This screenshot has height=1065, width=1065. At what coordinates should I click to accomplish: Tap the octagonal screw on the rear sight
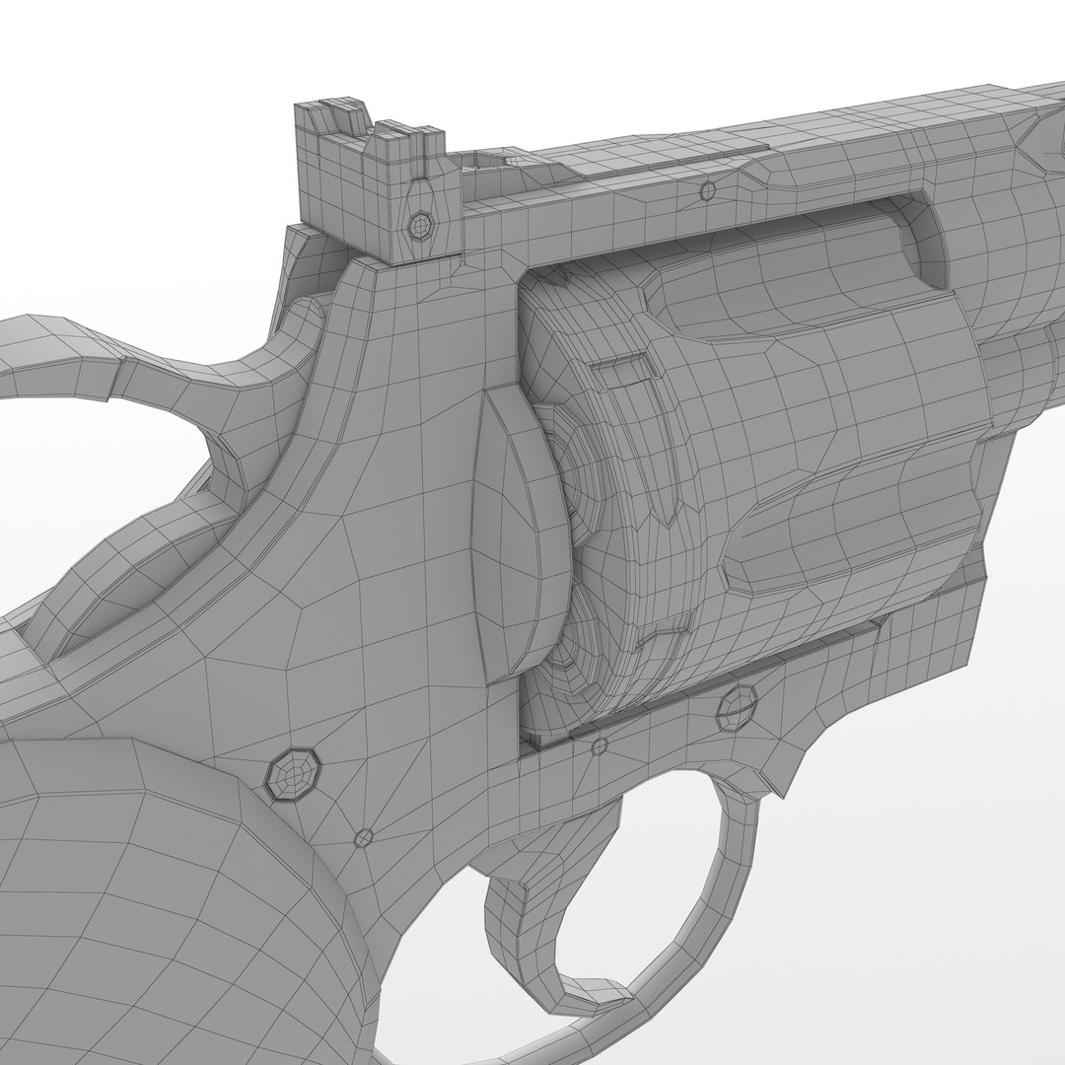click(x=420, y=226)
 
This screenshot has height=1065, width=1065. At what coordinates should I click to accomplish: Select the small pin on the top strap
click(x=706, y=189)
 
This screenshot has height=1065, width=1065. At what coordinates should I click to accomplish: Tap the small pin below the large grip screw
click(x=364, y=837)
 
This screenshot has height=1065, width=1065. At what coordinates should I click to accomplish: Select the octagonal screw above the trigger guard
click(x=736, y=705)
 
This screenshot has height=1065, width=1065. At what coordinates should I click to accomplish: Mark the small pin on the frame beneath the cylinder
click(x=598, y=745)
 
